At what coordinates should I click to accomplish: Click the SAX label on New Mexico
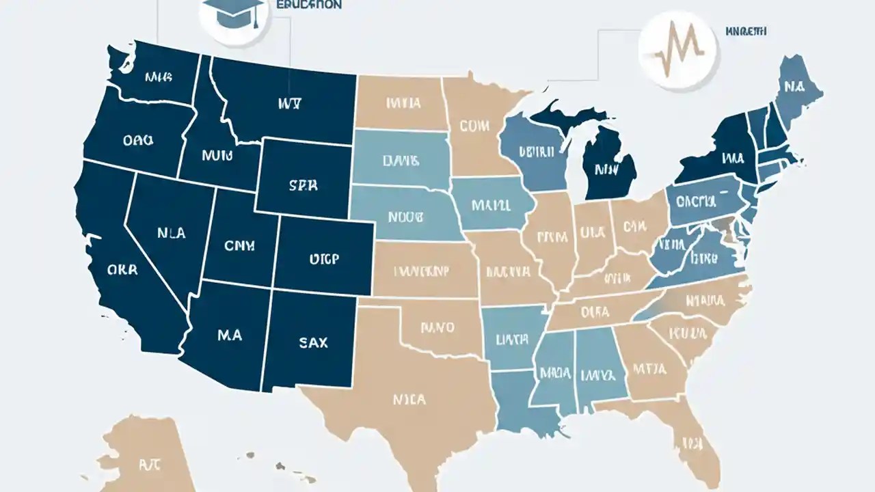pos(313,342)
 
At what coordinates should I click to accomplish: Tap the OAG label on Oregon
pos(139,140)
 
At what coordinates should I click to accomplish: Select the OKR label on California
pos(122,269)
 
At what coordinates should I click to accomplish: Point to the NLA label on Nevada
pos(171,233)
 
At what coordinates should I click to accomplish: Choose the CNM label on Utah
pos(239,244)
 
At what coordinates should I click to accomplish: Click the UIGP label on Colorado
pos(325,259)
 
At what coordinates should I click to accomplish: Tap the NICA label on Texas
pos(409,398)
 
